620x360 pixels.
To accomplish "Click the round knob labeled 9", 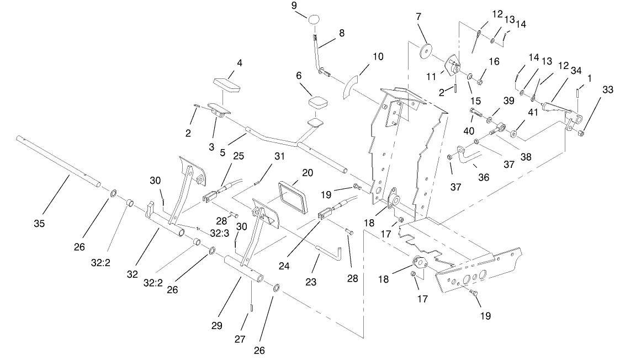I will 315,19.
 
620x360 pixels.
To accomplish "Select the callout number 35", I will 39,224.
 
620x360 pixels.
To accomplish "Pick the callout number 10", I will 378,56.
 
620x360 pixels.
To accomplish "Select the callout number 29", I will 216,326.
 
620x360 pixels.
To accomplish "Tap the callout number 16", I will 494,61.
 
